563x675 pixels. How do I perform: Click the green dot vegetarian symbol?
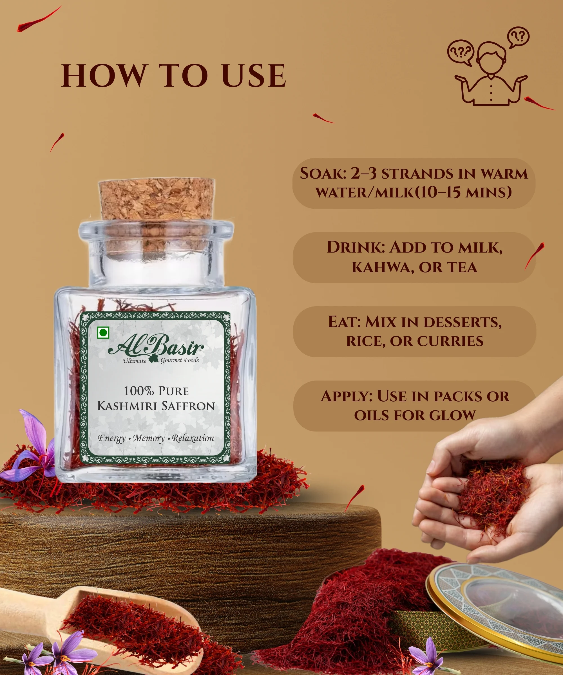click(103, 333)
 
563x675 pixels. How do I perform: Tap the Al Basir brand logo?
click(156, 349)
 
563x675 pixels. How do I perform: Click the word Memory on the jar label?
click(149, 438)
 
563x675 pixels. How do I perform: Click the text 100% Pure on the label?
click(156, 391)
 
